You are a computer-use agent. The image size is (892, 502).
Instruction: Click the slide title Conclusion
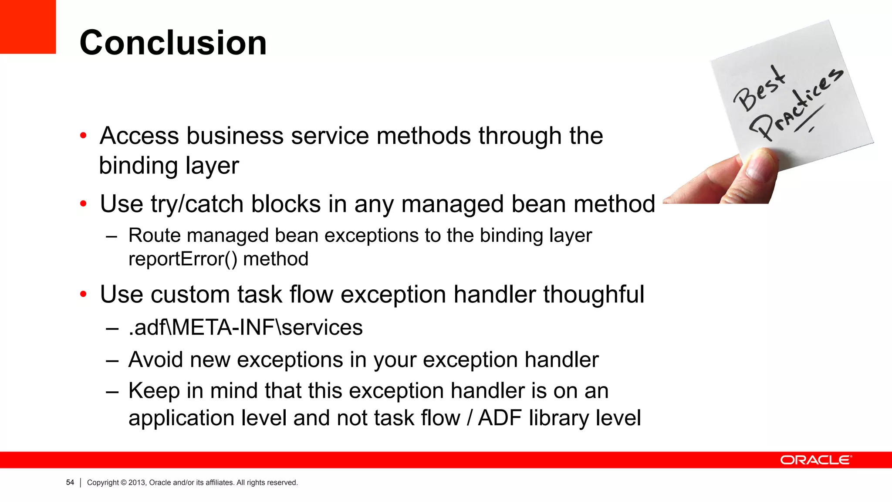173,43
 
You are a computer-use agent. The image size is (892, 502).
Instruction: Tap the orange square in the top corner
27,26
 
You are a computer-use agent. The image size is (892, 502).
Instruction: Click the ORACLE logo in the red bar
815,460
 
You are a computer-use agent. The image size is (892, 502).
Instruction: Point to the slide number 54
70,482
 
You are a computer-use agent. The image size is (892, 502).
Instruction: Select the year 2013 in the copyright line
136,482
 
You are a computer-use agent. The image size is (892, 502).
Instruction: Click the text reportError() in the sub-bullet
183,259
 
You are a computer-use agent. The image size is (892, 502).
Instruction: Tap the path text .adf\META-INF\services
246,327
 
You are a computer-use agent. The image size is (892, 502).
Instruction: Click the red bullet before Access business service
83,136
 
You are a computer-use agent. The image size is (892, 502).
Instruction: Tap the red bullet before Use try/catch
83,204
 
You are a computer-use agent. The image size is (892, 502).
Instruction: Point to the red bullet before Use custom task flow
83,294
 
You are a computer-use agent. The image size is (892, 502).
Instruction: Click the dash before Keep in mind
112,391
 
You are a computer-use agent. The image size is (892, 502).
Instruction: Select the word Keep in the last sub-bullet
154,391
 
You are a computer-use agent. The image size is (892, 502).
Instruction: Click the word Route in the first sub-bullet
155,235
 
